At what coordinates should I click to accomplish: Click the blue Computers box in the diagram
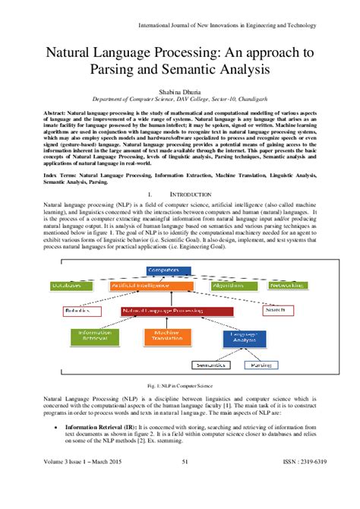pos(163,269)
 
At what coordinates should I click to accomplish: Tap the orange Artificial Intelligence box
pos(144,285)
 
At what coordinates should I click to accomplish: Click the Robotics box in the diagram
pos(77,311)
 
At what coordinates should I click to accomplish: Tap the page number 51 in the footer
pos(185,500)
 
